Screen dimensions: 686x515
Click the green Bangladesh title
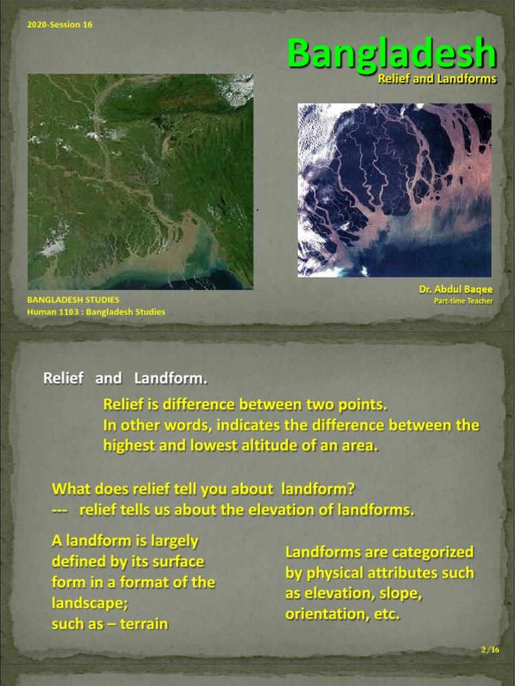coord(392,54)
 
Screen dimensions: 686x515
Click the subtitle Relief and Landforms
coord(437,79)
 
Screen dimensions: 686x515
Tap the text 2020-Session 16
coord(60,25)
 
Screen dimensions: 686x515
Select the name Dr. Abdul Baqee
coord(455,289)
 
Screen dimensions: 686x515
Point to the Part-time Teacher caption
coord(463,301)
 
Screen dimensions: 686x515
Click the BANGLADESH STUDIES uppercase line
coord(73,300)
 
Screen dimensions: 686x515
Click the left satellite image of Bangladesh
coord(140,182)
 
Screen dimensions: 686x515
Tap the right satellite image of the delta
coord(394,190)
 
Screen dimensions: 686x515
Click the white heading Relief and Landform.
coord(125,379)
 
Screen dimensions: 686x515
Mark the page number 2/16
coord(490,650)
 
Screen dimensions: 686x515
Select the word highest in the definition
coord(128,445)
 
